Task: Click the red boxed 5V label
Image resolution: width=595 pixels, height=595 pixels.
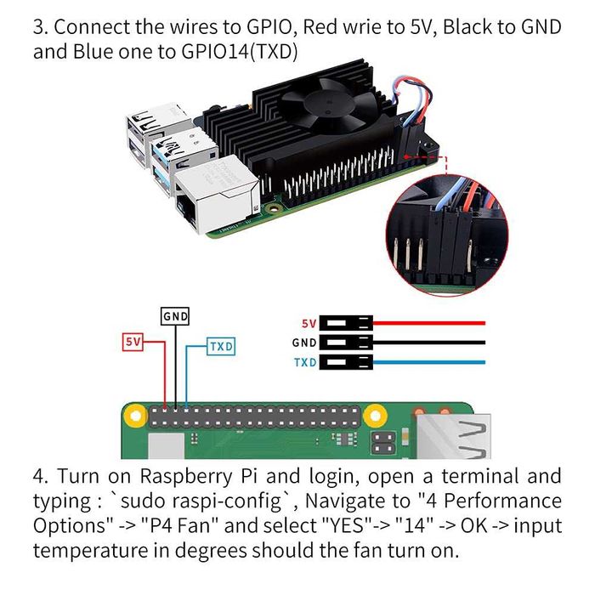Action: pyautogui.click(x=132, y=342)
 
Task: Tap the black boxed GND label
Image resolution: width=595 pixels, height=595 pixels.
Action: pyautogui.click(x=175, y=316)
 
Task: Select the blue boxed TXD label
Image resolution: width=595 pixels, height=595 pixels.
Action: pyautogui.click(x=221, y=347)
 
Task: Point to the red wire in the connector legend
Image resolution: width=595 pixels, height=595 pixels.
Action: pyautogui.click(x=429, y=323)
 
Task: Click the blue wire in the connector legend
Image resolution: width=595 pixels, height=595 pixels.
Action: pyautogui.click(x=429, y=362)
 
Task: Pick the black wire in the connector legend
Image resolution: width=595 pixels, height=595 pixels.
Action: pyautogui.click(x=429, y=343)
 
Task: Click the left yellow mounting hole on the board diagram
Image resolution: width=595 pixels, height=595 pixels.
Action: pyautogui.click(x=133, y=417)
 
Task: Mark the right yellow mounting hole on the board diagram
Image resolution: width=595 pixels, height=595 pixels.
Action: pyautogui.click(x=374, y=417)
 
